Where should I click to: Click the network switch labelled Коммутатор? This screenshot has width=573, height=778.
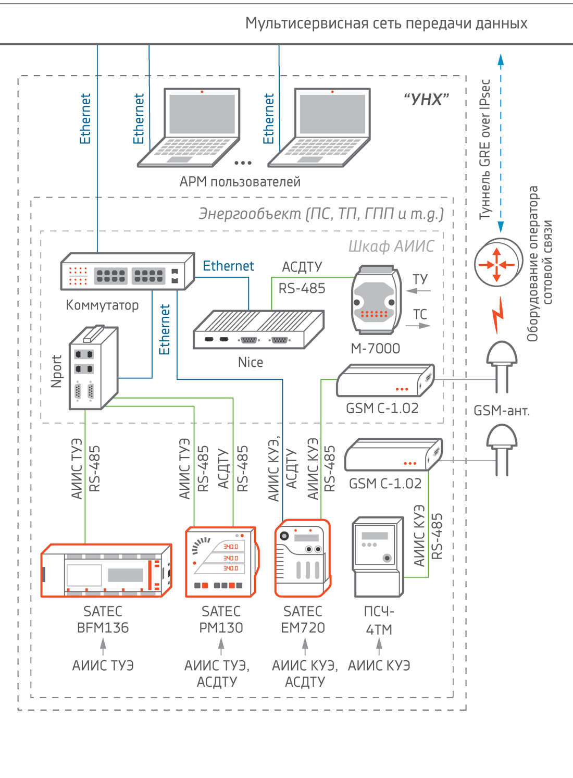point(128,272)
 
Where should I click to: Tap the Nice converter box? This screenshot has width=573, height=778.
point(258,330)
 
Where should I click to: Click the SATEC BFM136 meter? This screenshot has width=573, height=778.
point(106,571)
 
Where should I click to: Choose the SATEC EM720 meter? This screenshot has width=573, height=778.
point(303,558)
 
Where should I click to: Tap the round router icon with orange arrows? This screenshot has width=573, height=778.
point(497,263)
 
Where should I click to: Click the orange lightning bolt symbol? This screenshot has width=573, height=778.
point(499,315)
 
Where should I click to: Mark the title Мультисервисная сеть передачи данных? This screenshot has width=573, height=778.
point(386,23)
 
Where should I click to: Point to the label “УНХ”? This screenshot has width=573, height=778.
point(426,99)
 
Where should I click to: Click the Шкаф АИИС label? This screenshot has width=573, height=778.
point(391,246)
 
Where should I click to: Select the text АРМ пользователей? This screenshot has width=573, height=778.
point(240,182)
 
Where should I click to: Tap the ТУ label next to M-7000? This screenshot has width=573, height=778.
point(420,279)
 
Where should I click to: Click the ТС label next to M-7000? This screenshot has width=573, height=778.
point(420,314)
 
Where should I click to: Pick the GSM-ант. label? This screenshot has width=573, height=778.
point(501,411)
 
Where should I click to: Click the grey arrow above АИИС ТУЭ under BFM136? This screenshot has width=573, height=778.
point(103,646)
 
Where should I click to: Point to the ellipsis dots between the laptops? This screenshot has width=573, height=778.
point(243,163)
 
